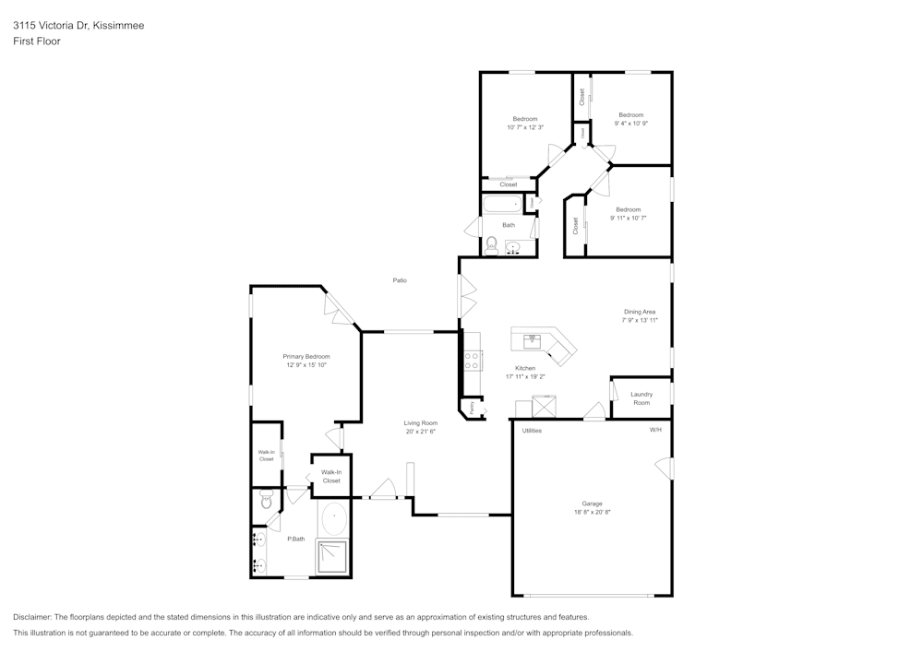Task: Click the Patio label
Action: [400, 280]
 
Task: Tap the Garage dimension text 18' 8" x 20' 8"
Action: [592, 513]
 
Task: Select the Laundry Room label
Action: [641, 398]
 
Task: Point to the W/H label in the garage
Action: [655, 431]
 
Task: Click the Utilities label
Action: [532, 431]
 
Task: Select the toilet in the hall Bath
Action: [492, 245]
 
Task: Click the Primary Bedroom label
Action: [306, 357]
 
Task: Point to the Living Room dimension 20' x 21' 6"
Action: [419, 432]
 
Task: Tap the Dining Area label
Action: [640, 312]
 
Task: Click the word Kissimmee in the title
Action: [119, 26]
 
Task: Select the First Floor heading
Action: [37, 41]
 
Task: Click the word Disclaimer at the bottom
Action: [33, 617]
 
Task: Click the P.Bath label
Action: [295, 539]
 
